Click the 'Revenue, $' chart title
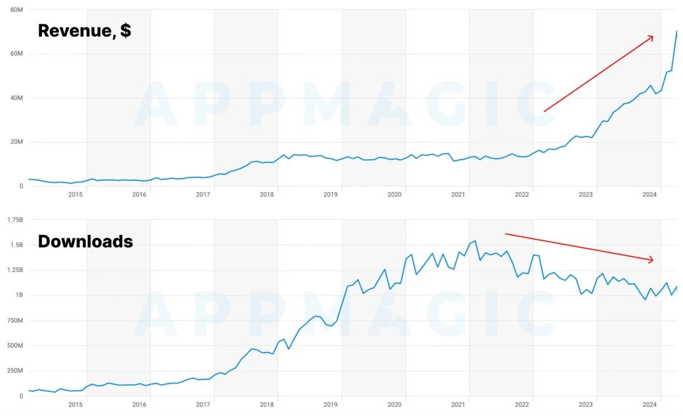84,31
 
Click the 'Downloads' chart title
85,241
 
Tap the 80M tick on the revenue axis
17,10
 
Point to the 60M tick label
17,54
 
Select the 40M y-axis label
17,98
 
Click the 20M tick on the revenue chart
17,142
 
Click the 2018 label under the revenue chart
267,194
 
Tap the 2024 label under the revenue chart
650,194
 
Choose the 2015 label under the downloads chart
75,404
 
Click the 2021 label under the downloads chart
458,404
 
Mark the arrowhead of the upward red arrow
652,37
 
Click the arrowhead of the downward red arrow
652,260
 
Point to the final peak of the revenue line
677,31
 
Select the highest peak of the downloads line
475,241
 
